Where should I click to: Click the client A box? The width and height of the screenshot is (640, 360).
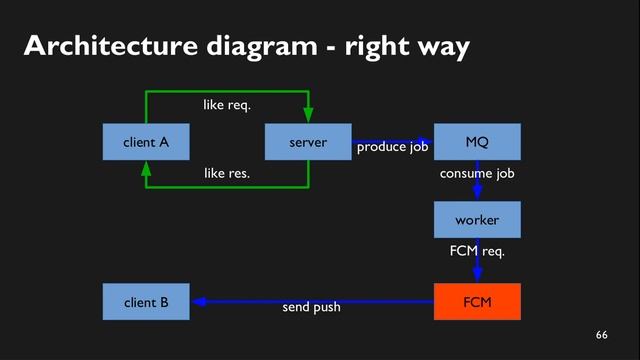[x=146, y=142]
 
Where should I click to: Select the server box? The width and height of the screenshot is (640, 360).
[x=308, y=142]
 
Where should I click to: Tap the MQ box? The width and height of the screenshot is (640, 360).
[x=477, y=142]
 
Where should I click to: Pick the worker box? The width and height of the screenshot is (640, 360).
[x=477, y=220]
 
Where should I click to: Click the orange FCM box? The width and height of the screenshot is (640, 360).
[x=477, y=302]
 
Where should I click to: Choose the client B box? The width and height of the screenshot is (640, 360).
[x=146, y=302]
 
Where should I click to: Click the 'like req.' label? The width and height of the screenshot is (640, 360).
[x=227, y=104]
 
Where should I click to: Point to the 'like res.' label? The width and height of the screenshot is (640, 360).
[x=227, y=173]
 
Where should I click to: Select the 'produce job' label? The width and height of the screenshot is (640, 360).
[x=393, y=148]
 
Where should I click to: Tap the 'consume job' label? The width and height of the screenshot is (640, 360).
[x=477, y=173]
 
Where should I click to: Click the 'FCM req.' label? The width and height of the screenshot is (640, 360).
[x=477, y=251]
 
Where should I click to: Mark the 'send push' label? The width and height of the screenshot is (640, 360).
[x=311, y=307]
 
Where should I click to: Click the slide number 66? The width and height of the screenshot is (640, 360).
[x=601, y=333]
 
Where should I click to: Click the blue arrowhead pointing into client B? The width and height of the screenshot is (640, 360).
[x=198, y=301]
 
